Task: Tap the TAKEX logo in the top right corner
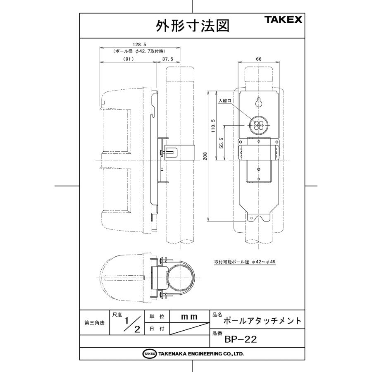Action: [283, 19]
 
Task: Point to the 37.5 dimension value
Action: [168, 59]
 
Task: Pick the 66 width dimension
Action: [259, 59]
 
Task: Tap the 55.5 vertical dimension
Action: [222, 143]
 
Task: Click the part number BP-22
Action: [241, 339]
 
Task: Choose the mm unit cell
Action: [190, 317]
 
